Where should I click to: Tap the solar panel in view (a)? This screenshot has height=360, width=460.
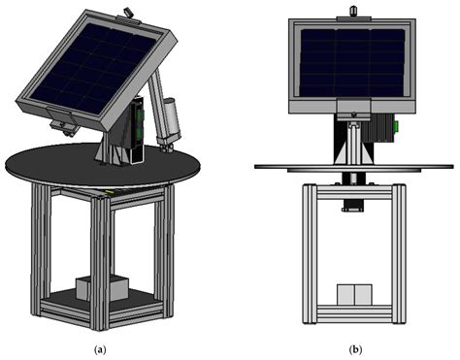coord(94,68)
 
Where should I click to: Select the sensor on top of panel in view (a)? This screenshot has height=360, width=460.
coord(127,12)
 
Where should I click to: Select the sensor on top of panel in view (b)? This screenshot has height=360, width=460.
coord(353,11)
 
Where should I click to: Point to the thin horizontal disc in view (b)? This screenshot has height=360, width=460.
coord(281,167)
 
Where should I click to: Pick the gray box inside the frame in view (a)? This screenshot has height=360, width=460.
coord(102,288)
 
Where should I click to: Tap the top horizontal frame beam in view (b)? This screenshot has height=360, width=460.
coord(351,189)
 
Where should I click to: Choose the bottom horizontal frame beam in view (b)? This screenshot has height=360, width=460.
coord(351,315)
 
